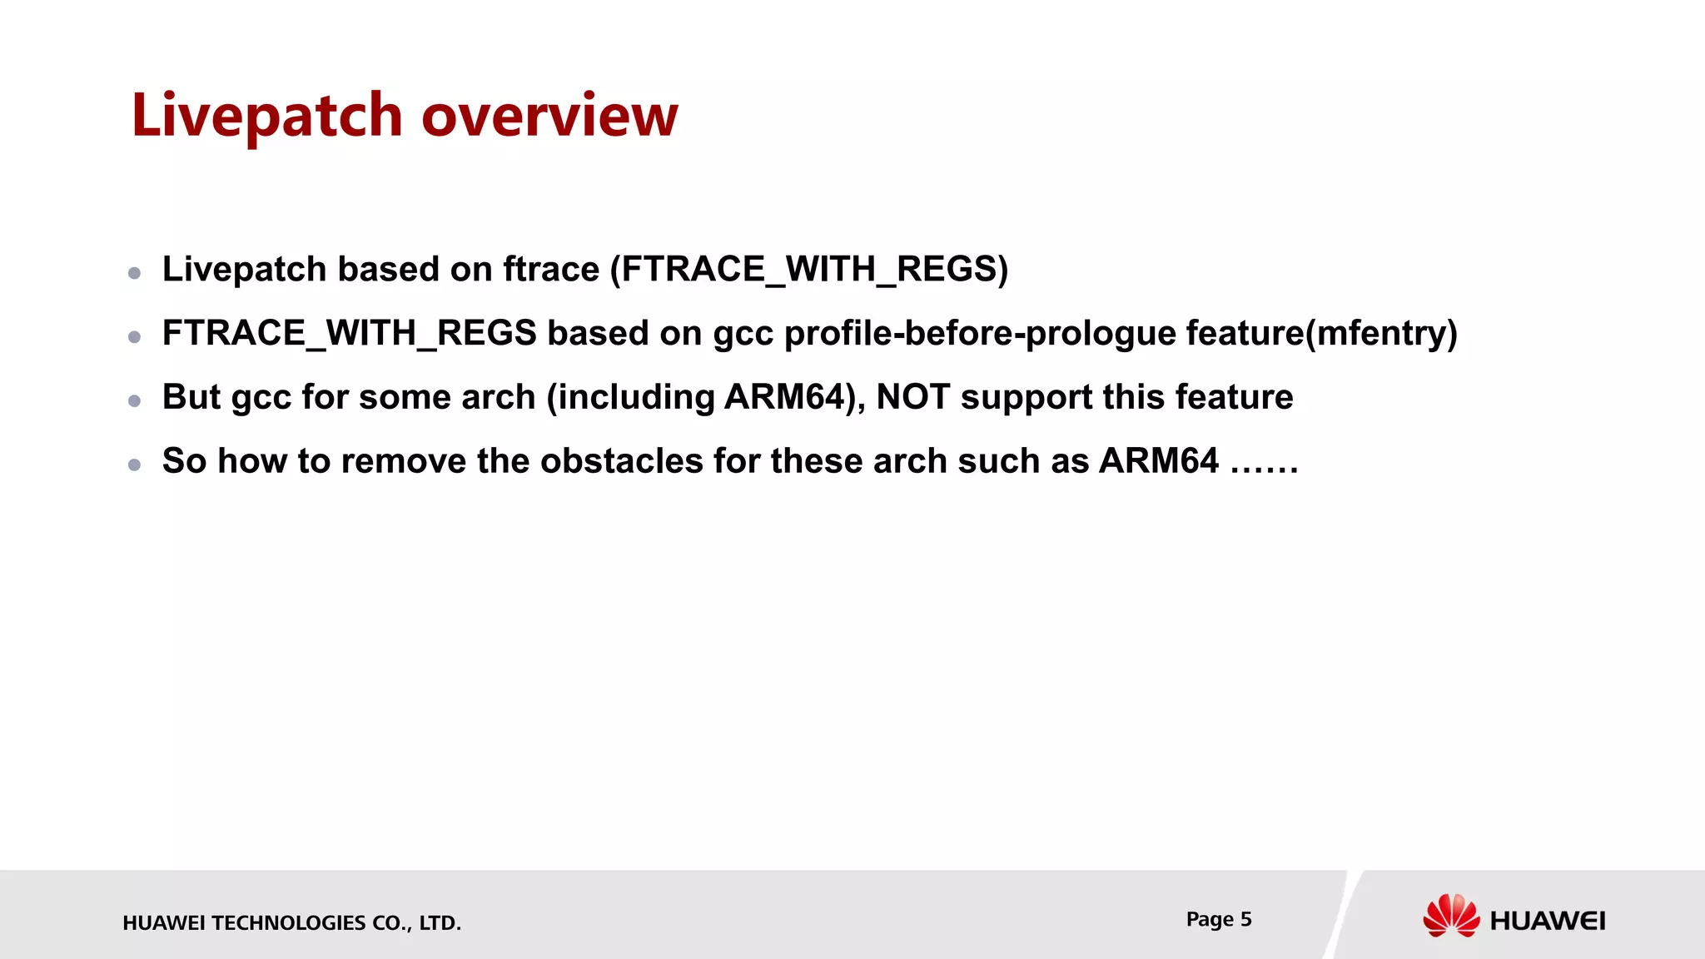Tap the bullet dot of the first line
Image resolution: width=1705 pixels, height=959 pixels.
click(134, 273)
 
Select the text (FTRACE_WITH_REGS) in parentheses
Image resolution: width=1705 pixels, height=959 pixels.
click(809, 270)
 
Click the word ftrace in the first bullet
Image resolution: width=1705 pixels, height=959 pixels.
click(550, 270)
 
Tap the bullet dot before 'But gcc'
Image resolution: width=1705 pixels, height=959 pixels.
click(134, 401)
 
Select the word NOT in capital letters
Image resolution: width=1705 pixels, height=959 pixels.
click(912, 397)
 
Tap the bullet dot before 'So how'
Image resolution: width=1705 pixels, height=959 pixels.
click(134, 465)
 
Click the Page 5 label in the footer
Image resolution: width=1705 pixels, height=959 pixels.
click(1218, 919)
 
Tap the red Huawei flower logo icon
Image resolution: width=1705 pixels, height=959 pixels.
click(1450, 916)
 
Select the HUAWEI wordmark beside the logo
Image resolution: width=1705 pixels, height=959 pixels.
click(1547, 921)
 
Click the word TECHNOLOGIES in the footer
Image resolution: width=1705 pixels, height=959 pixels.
click(288, 923)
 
